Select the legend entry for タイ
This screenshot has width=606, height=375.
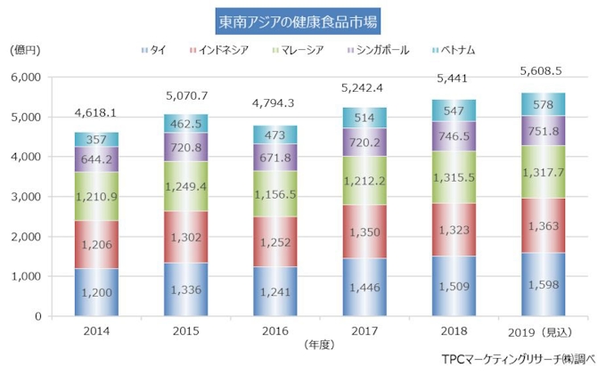pos(156,50)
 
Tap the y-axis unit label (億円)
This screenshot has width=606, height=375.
pos(25,50)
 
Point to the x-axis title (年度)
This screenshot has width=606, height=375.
pos(318,342)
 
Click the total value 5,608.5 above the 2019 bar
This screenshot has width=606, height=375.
pos(543,69)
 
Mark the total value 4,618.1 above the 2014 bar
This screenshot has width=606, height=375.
pos(96,114)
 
